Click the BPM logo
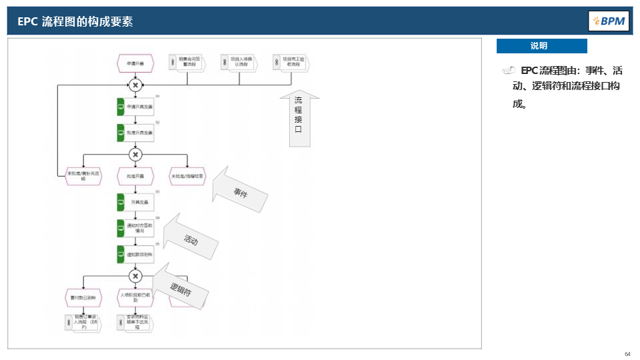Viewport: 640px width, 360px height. (x=609, y=21)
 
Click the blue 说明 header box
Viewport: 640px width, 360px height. (x=541, y=46)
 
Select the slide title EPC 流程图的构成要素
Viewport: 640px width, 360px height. (x=75, y=21)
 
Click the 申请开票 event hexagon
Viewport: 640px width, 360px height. (x=135, y=64)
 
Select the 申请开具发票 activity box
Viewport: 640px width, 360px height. (x=135, y=107)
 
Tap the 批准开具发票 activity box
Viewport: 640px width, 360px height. (x=135, y=133)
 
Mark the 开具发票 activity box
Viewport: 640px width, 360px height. (x=135, y=201)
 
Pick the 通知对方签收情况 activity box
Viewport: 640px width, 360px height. (x=135, y=228)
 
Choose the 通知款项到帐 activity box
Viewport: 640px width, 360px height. (x=135, y=255)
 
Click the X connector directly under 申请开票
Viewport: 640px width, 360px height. (x=135, y=85)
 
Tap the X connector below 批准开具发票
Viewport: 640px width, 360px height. (x=135, y=154)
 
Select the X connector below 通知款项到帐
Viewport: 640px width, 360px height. (x=135, y=276)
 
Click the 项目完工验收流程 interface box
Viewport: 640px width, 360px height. (x=292, y=62)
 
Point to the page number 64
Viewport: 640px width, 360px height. (x=627, y=353)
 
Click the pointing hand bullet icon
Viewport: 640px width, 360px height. (x=509, y=70)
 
